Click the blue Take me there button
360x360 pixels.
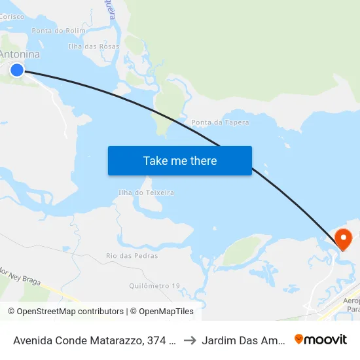pos(180,161)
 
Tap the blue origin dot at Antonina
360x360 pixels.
pos(17,70)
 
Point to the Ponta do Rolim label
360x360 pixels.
pos(59,31)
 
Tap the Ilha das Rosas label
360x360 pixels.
pos(94,46)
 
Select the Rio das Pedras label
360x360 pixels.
pos(132,256)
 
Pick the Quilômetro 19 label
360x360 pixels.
pos(154,286)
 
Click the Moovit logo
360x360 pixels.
pos(321,339)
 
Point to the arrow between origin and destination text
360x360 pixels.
pos(189,340)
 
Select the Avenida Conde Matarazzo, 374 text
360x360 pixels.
pos(93,340)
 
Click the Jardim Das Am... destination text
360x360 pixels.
pos(244,340)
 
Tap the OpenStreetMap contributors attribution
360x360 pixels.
pos(65,312)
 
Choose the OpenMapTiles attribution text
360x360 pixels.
pos(162,312)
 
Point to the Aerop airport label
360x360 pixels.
pos(351,300)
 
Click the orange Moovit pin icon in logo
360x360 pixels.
pos(299,339)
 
